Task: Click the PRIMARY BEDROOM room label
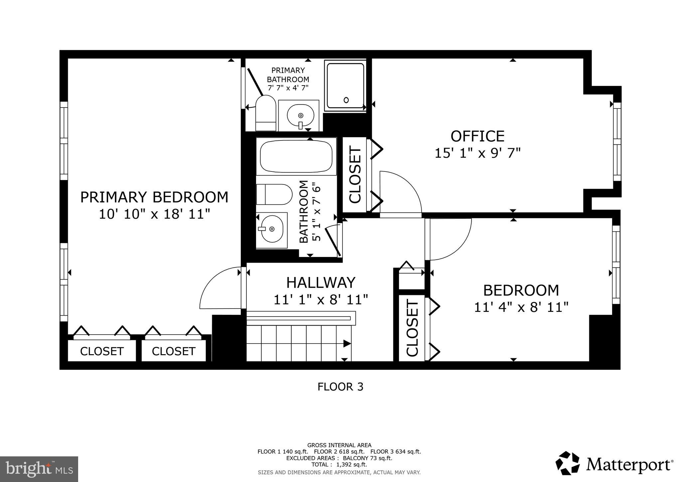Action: (154, 197)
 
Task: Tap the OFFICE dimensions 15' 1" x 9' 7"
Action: (477, 153)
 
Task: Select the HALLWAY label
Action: (321, 283)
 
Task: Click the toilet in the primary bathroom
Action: (265, 113)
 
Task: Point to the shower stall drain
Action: (346, 100)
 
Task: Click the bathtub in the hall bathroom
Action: (296, 156)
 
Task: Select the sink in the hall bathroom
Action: (272, 229)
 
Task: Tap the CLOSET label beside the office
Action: (355, 175)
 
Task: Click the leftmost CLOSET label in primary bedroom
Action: (102, 351)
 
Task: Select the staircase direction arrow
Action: (346, 344)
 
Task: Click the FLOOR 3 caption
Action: (340, 387)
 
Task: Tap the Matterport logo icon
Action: (568, 463)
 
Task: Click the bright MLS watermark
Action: (39, 469)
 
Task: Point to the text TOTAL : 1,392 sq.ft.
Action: (339, 464)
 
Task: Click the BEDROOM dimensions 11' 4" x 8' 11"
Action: (521, 307)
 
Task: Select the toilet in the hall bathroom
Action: (274, 194)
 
